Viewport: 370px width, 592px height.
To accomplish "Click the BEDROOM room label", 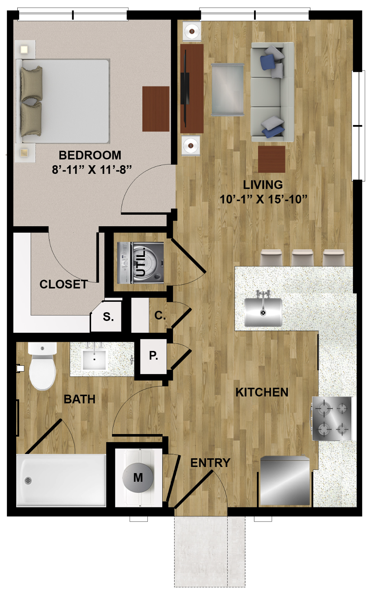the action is (90, 155).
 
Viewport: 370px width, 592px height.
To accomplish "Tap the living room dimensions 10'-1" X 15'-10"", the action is (263, 200).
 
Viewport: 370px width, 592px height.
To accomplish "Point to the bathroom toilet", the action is (42, 366).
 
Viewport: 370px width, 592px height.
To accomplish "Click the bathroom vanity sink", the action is (94, 359).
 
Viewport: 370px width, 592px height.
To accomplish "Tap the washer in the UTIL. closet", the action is (140, 263).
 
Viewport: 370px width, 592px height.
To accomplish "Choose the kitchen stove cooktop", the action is (332, 419).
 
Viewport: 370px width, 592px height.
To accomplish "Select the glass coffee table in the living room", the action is (228, 89).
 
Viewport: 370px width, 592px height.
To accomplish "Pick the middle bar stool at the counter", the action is (302, 258).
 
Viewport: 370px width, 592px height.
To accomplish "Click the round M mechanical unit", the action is (138, 477).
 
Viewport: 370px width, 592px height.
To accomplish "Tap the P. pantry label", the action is (154, 356).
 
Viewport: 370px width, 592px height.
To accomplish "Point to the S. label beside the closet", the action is (108, 316).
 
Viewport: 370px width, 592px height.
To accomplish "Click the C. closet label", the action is (160, 315).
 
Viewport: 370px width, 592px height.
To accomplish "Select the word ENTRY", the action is (210, 463).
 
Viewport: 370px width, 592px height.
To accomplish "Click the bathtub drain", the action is (28, 480).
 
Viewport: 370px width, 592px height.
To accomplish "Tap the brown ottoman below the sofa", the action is (272, 159).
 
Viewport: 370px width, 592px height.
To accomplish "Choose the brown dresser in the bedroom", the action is (156, 109).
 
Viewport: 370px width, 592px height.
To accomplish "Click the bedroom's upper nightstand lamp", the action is (25, 50).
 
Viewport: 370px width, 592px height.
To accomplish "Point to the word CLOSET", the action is (64, 284).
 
